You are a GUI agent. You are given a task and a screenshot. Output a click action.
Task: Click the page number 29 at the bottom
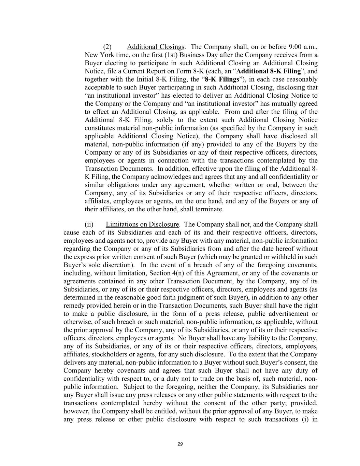coord(180,444)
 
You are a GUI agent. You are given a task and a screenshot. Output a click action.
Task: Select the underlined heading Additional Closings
coord(156,47)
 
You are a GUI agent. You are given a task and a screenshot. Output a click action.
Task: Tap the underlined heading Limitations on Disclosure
coord(142,224)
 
